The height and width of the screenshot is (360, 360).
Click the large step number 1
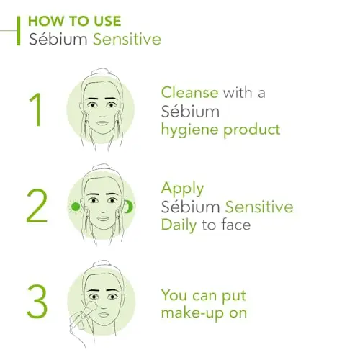pos(36,109)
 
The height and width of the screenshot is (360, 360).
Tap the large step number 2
pos(37,206)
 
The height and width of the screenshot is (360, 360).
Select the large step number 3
pos(37,302)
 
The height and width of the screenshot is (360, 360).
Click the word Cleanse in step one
pos(189,92)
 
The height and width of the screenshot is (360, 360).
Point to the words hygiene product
pos(220,130)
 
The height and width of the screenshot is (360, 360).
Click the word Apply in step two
pos(182,189)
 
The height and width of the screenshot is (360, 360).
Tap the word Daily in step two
pos(179,225)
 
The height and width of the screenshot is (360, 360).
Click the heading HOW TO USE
pos(75,21)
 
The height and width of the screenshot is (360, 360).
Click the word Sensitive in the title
pos(127,40)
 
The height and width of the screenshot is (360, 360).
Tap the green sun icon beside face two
pos(76,207)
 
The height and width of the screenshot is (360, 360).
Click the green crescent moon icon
pos(128,207)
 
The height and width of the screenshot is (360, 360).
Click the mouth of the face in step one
pos(102,123)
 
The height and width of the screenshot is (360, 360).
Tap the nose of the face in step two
pos(103,210)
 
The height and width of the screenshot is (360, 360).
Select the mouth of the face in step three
pos(104,315)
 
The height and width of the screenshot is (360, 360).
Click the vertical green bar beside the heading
pos(19,31)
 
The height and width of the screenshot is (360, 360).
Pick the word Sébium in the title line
pos(58,40)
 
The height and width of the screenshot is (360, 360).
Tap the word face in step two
pos(236,225)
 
